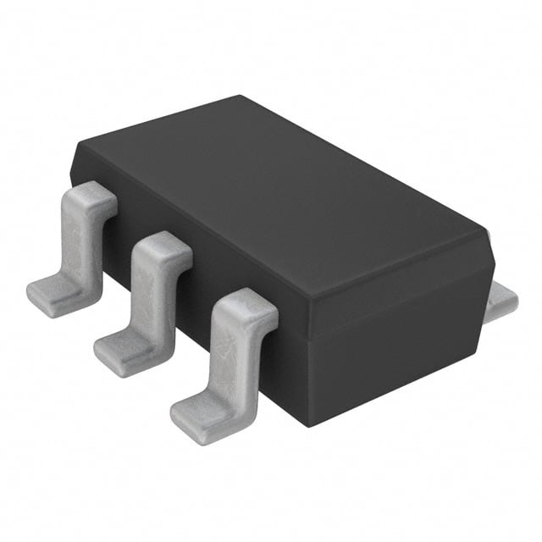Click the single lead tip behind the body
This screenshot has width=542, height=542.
(x=506, y=298)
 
